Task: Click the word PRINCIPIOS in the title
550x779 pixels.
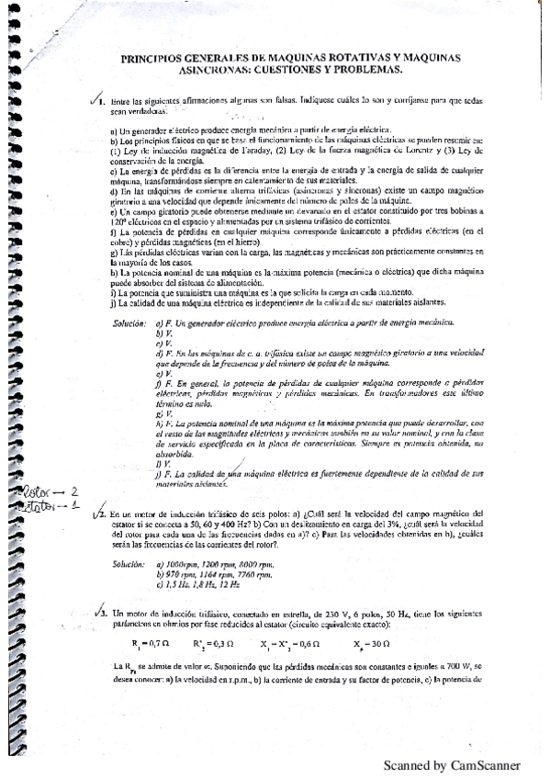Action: point(152,57)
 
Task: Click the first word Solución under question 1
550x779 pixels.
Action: point(129,323)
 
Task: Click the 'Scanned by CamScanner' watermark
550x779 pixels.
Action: point(451,764)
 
